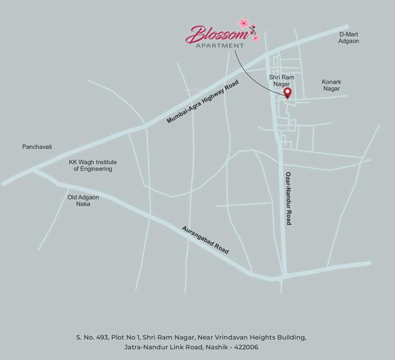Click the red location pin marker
pyautogui.click(x=289, y=92)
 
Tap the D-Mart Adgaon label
pyautogui.click(x=349, y=37)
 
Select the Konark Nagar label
pyautogui.click(x=331, y=85)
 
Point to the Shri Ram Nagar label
pyautogui.click(x=280, y=80)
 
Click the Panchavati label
pyautogui.click(x=37, y=147)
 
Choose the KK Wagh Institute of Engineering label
pyautogui.click(x=93, y=165)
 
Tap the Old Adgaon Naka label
pyautogui.click(x=83, y=201)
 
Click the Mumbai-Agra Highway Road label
pyautogui.click(x=203, y=102)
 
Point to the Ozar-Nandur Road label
pyautogui.click(x=289, y=198)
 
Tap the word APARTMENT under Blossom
pyautogui.click(x=220, y=45)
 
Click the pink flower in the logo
pyautogui.click(x=244, y=23)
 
